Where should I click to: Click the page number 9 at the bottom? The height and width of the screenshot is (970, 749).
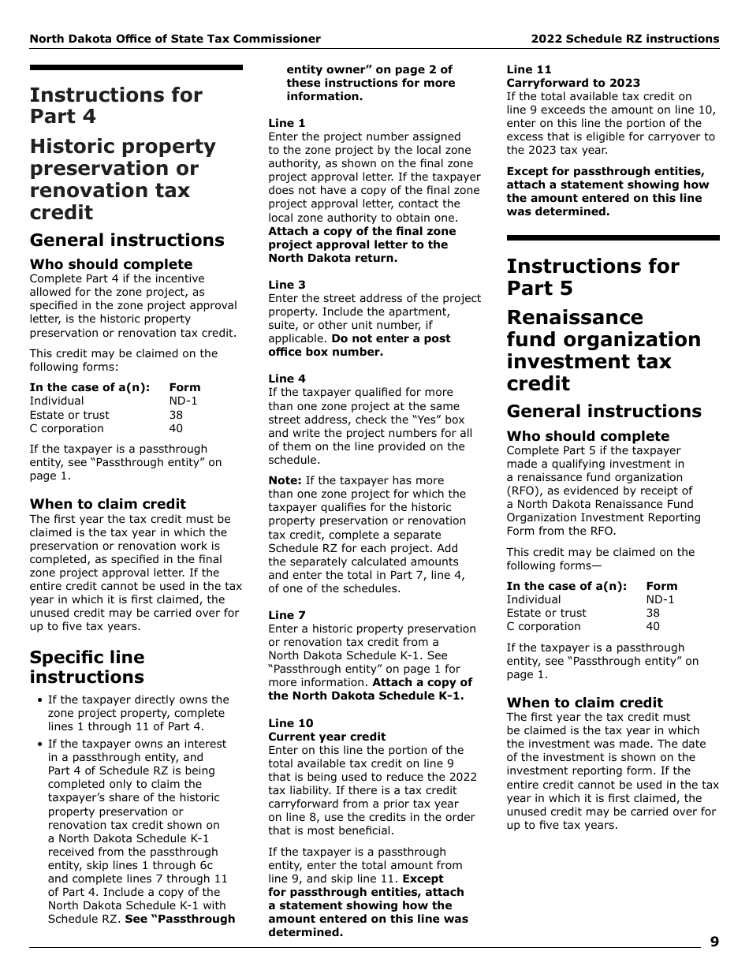click(x=714, y=942)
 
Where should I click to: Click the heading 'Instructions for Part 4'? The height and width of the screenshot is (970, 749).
click(x=116, y=106)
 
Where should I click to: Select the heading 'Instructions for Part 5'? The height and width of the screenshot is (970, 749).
click(x=592, y=277)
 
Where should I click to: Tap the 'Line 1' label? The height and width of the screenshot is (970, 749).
click(x=287, y=124)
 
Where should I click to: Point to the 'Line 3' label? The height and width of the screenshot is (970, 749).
click(x=287, y=285)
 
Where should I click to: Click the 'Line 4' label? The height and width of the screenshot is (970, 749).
click(x=287, y=379)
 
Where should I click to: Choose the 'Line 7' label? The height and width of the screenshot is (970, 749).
click(x=287, y=615)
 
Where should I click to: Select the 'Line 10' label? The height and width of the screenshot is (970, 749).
click(x=290, y=723)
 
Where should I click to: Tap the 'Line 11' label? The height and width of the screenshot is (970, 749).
click(x=529, y=70)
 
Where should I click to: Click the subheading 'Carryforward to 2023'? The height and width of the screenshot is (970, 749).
click(x=573, y=84)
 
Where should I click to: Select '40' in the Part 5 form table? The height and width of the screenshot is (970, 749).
click(x=652, y=627)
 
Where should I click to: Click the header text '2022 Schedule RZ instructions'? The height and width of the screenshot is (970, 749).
click(x=624, y=39)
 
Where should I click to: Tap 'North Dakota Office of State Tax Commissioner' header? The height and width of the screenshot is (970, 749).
click(x=175, y=39)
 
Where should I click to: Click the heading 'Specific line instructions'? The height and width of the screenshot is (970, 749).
click(x=87, y=667)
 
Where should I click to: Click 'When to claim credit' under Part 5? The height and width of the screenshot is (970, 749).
click(x=584, y=703)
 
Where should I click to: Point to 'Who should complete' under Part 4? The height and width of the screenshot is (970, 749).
click(x=111, y=264)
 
